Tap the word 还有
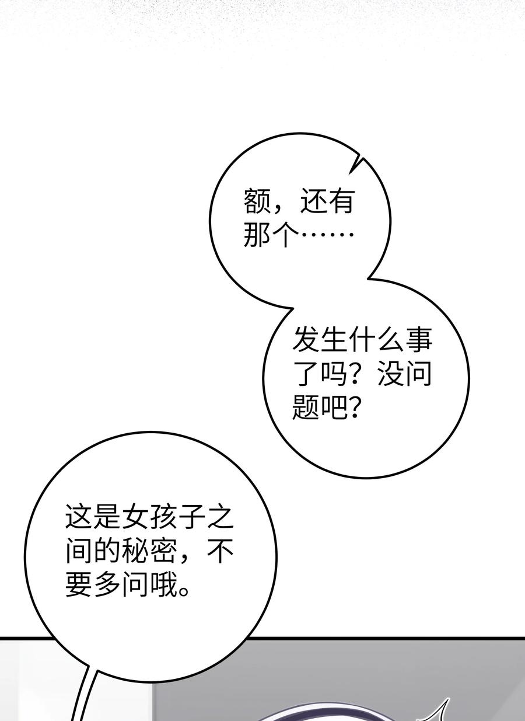click(327, 201)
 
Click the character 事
click(418, 340)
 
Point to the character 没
click(390, 374)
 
